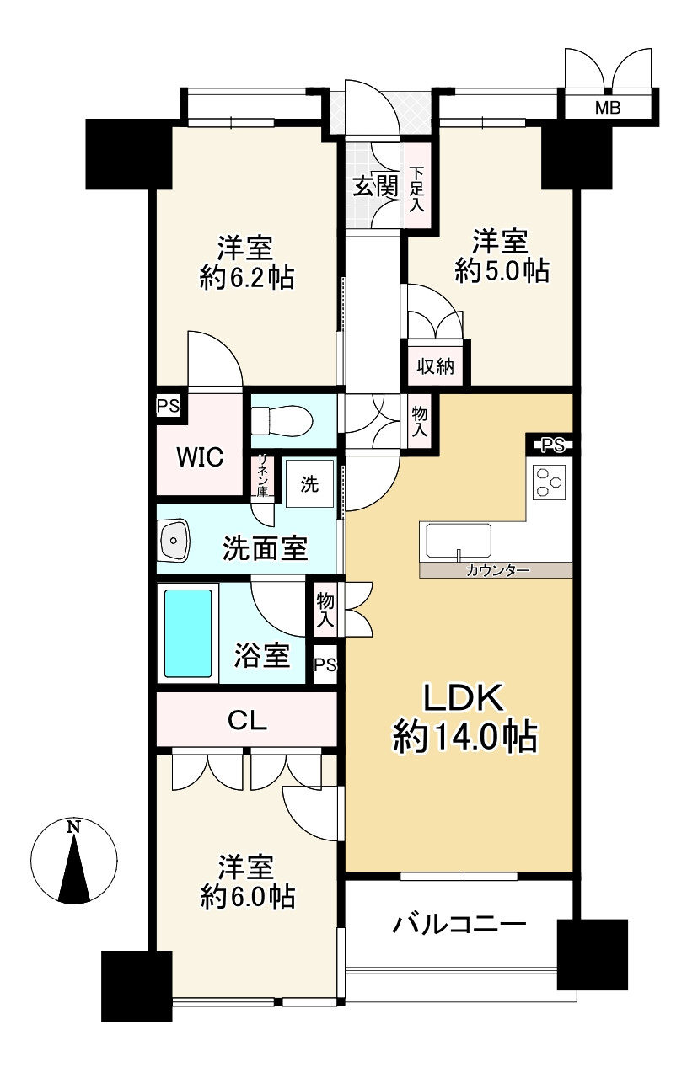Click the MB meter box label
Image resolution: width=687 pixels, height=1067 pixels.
[608, 108]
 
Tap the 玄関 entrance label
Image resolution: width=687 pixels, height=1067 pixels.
[375, 186]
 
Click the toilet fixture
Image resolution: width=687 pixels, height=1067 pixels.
[282, 419]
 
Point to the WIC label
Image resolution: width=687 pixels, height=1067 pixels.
[200, 457]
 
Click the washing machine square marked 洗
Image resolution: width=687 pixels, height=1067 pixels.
[309, 484]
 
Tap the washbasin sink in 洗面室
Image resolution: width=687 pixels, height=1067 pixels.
[174, 541]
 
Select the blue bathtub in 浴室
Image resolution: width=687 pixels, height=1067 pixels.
[188, 633]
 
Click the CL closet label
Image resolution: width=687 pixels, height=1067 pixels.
[247, 721]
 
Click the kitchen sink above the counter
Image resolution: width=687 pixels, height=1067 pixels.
[459, 541]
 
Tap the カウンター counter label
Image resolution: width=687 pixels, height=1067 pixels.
[498, 571]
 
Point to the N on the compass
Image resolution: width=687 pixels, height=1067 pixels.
[73, 827]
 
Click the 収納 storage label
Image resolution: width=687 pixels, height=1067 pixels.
[435, 367]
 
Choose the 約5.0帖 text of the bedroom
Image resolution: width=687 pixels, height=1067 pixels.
[501, 271]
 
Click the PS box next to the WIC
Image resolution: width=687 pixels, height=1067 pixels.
[169, 406]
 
